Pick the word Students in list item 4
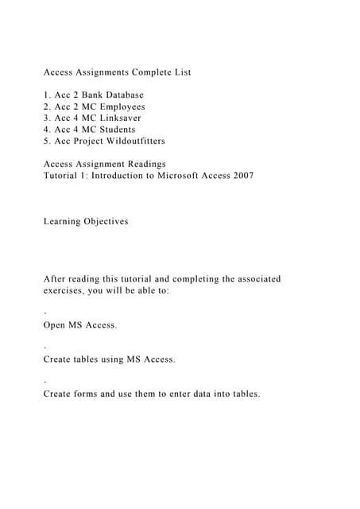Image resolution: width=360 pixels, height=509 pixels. [x=114, y=130]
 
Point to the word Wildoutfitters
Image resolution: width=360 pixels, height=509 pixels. [x=133, y=141]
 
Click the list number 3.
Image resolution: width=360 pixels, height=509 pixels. [x=46, y=118]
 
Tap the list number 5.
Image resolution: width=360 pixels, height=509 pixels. [x=46, y=141]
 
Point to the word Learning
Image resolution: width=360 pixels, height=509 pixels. [x=62, y=221]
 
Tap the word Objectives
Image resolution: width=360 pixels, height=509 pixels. [x=106, y=221]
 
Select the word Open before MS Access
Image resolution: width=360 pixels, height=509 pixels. [x=56, y=325]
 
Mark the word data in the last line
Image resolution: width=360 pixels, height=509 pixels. [x=186, y=394]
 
